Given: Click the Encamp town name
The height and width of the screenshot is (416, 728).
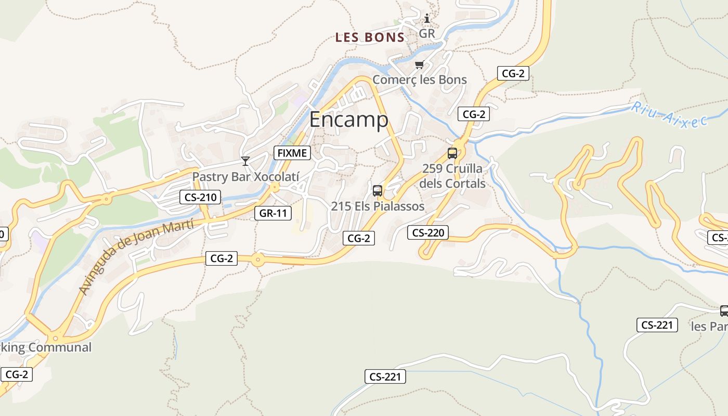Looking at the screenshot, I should (348, 120).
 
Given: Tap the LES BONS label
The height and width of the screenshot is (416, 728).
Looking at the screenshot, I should (370, 37).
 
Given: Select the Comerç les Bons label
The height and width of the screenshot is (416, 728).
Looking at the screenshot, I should (420, 80).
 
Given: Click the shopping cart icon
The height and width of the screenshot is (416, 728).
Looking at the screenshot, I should (419, 65).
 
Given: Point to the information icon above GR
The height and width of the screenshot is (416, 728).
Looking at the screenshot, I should (427, 19).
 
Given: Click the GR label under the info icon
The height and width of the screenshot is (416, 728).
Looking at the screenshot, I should (427, 34).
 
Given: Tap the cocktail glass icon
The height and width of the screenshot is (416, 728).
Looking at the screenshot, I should (245, 161).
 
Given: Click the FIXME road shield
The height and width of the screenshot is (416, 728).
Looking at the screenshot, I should (292, 153).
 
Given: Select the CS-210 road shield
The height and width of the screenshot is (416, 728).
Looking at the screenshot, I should (200, 197).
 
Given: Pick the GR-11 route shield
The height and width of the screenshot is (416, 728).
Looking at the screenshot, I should (273, 213).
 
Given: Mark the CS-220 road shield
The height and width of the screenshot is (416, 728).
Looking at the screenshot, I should (428, 232).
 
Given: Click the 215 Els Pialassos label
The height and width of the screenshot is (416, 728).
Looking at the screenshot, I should (378, 206).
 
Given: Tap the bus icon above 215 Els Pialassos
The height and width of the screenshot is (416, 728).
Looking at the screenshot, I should (378, 191).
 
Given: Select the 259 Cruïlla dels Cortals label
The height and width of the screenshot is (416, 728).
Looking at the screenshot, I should (452, 176).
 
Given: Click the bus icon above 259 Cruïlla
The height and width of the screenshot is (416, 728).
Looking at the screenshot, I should (452, 153).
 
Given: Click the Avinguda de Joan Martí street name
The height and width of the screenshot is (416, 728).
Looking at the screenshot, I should (136, 256).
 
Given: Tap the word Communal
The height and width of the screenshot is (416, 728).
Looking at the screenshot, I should (61, 347).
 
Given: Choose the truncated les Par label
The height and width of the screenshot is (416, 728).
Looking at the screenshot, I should (709, 327).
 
